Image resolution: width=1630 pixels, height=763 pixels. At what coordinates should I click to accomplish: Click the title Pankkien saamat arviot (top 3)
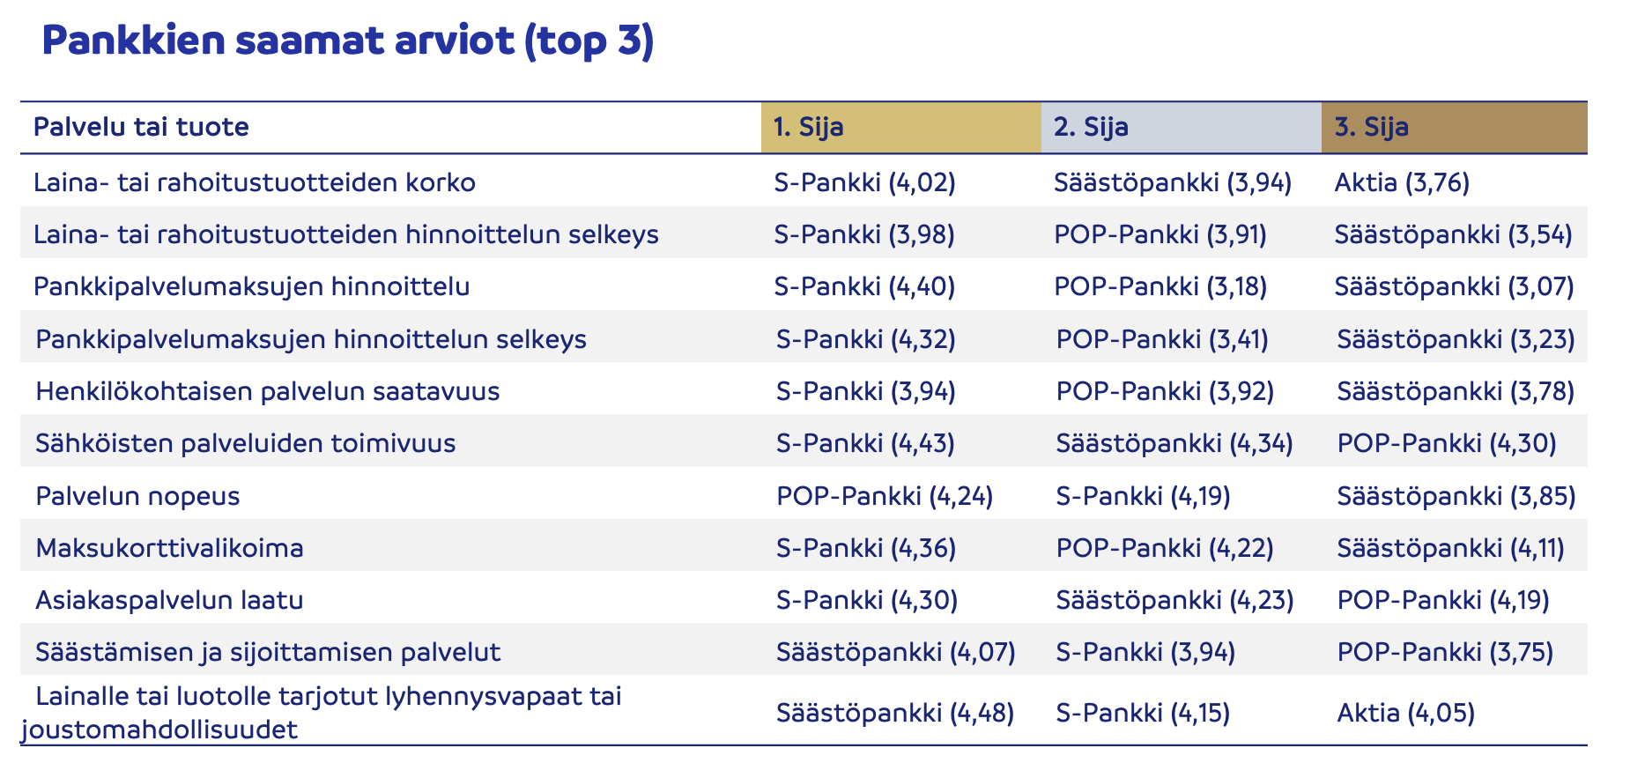click(347, 41)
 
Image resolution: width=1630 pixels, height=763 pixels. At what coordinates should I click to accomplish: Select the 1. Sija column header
click(808, 128)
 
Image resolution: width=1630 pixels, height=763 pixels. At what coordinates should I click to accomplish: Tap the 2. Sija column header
click(1091, 128)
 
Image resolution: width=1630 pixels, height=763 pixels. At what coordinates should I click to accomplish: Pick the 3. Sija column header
click(1371, 128)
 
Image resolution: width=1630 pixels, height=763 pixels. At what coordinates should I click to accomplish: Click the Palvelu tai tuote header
click(141, 128)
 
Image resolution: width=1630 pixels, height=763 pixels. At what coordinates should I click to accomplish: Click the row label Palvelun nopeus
click(137, 496)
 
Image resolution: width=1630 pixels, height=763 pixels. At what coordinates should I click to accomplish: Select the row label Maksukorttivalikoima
click(169, 548)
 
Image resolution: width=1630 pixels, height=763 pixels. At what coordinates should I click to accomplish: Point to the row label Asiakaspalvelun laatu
click(169, 600)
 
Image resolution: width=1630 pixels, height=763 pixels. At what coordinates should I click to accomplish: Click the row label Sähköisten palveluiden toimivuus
click(245, 443)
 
